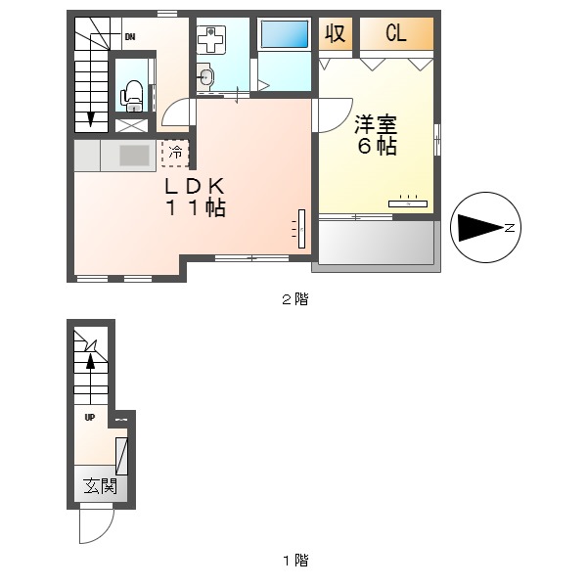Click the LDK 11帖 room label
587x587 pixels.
coord(196,197)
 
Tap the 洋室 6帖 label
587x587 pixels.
coord(375,136)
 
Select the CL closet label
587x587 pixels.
coord(396,33)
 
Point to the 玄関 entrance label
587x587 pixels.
coord(99,486)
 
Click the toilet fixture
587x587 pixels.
coord(132,94)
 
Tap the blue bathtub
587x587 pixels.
coord(285,34)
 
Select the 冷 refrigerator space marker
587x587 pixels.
coord(176,153)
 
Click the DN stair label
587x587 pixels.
coord(129,38)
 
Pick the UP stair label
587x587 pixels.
coord(89,417)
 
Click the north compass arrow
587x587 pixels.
coord(482,228)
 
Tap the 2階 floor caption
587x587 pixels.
coord(294,300)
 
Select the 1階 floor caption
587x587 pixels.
coord(294,561)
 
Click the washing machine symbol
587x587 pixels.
coord(210,38)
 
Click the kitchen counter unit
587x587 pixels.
coord(118,156)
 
